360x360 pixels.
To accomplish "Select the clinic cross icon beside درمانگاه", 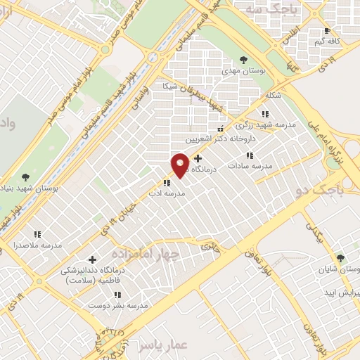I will (198, 159).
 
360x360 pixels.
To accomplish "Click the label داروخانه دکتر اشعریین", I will (232, 139).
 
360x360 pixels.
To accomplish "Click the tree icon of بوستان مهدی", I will (243, 60).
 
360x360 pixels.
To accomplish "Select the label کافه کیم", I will (328, 41).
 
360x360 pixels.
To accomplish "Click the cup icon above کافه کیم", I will (327, 31).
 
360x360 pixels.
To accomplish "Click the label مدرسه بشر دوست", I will (117, 306).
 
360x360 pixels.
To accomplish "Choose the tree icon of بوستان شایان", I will (341, 259).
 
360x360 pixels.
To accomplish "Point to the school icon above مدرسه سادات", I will (250, 155).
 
